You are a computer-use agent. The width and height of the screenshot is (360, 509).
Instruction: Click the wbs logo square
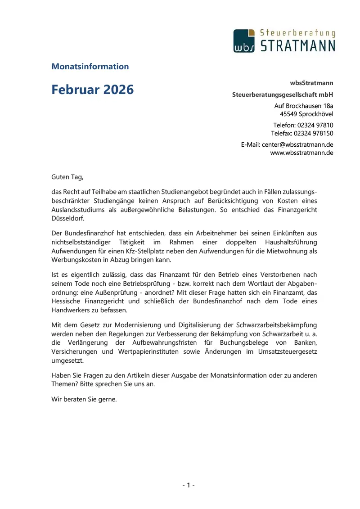tap(244, 41)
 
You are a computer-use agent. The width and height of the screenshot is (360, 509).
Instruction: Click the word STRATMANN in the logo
tap(298, 46)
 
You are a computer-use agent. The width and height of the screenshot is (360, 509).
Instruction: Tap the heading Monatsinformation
tap(90, 67)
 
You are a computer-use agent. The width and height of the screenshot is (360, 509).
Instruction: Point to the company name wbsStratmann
tap(312, 83)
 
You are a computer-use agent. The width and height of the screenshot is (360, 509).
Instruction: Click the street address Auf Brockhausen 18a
tap(304, 106)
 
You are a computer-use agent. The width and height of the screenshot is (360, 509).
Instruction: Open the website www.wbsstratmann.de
tap(301, 153)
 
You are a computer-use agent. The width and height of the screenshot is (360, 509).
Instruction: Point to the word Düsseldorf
tap(67, 218)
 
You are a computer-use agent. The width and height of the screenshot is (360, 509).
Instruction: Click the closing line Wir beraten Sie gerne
tap(84, 398)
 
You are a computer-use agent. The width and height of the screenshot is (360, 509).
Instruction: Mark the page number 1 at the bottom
tap(188, 485)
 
